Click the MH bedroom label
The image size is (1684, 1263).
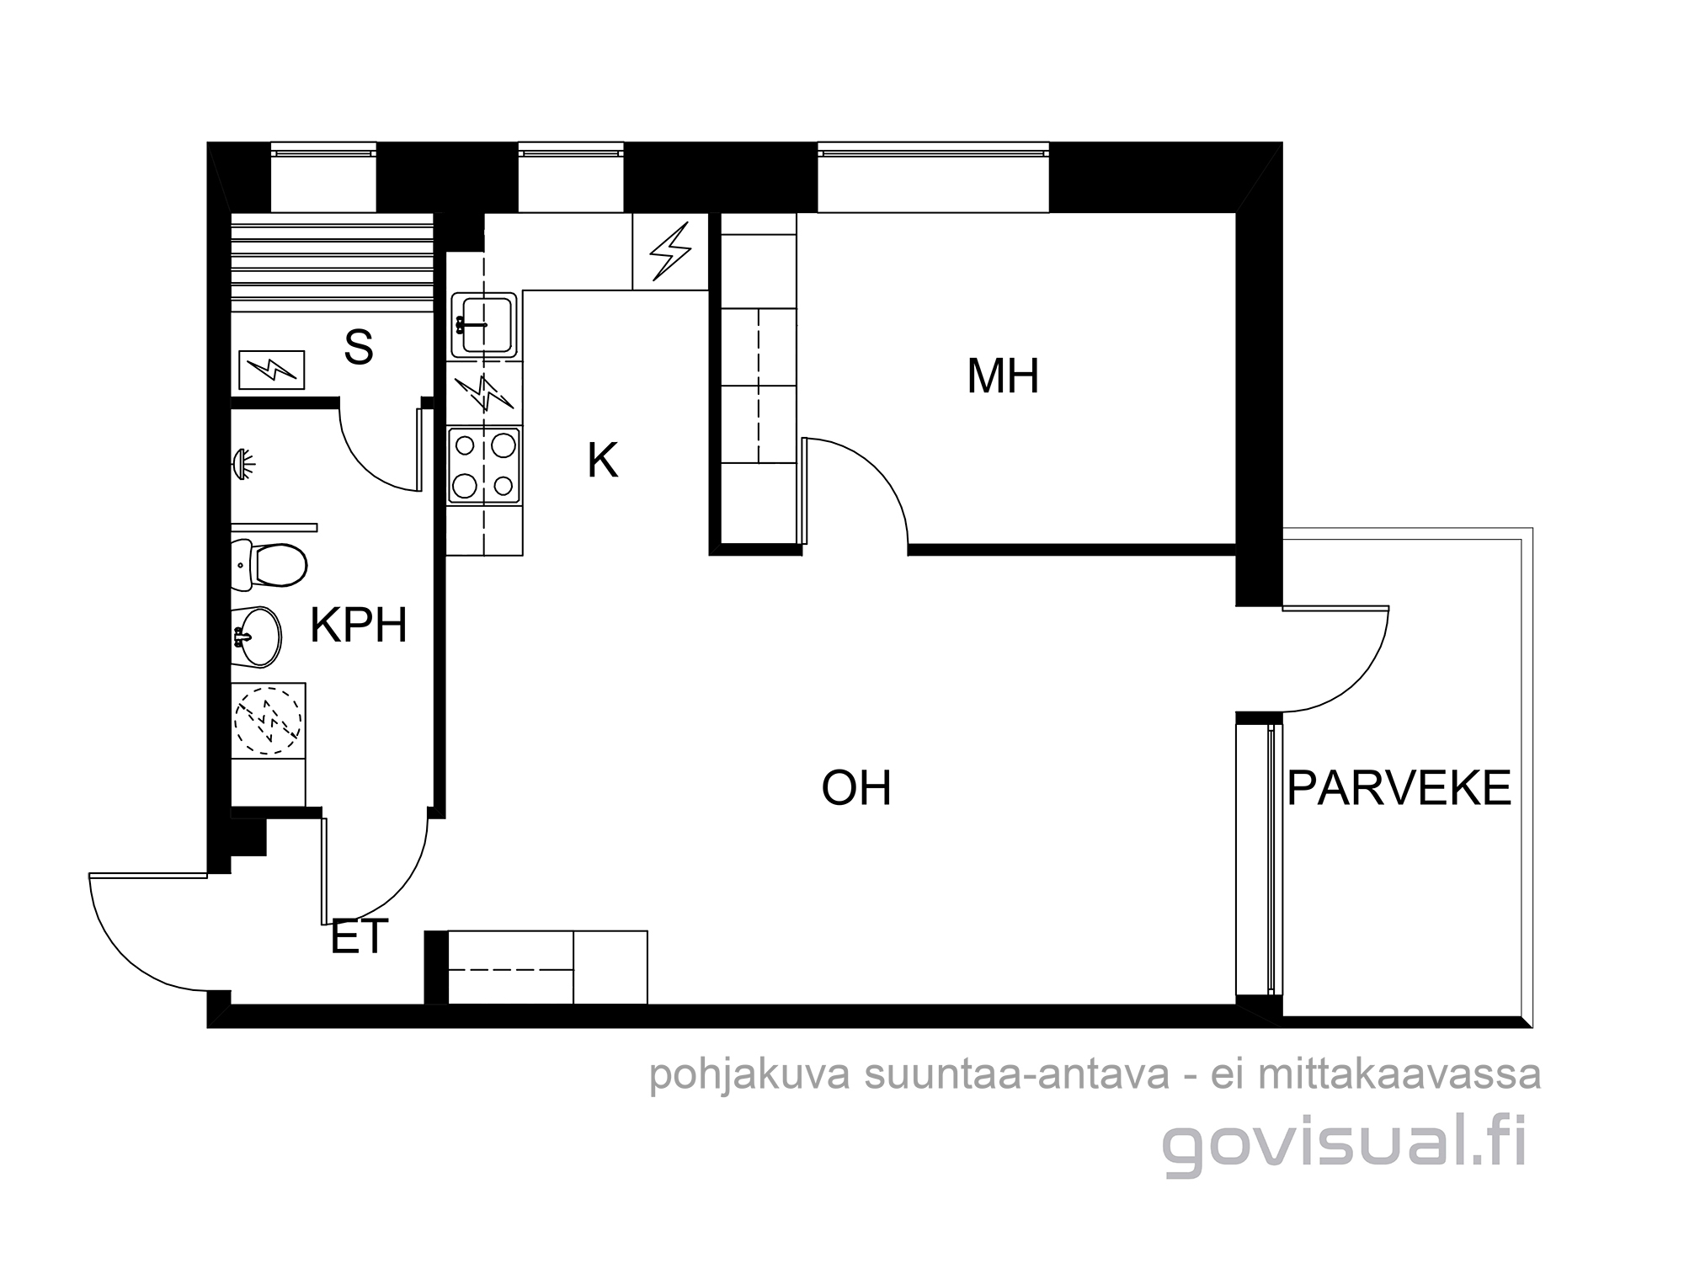tap(1002, 376)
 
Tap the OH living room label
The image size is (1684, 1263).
tap(856, 788)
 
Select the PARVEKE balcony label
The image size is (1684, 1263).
tap(1399, 788)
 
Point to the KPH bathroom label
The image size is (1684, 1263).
tap(359, 626)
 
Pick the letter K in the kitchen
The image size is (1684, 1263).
tap(603, 461)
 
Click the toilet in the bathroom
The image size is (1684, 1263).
tap(269, 564)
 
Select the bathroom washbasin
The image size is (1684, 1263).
tap(256, 637)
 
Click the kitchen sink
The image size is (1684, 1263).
tap(484, 324)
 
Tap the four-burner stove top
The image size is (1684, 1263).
tap(484, 466)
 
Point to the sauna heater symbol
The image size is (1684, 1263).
tap(271, 370)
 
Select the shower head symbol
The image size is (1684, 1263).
tap(244, 462)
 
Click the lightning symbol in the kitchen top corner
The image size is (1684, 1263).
tap(671, 251)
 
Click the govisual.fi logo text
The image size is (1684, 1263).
tap(1345, 1145)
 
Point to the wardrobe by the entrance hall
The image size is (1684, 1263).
tap(547, 967)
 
